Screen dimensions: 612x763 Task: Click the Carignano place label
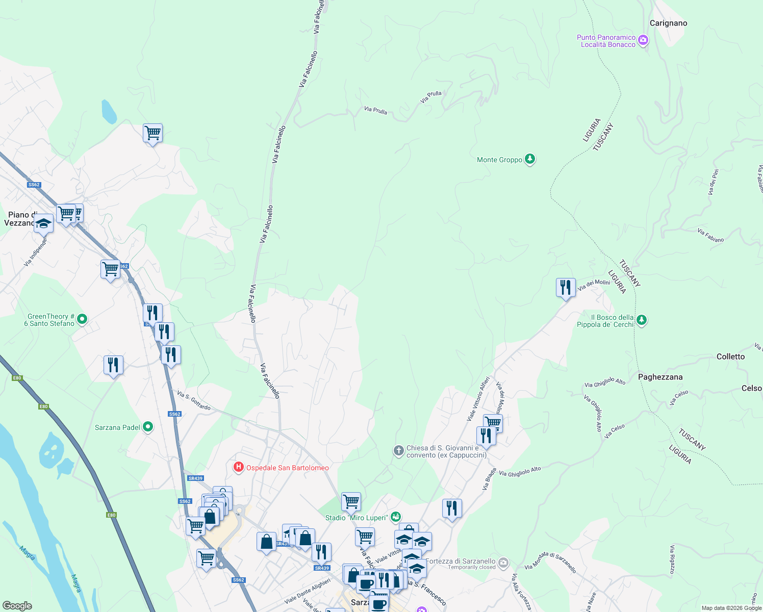click(x=668, y=23)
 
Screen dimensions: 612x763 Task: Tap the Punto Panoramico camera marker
click(x=643, y=40)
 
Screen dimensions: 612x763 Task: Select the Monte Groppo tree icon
click(x=530, y=159)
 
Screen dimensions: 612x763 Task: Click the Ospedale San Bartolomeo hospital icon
click(x=238, y=467)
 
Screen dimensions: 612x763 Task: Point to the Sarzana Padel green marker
click(x=148, y=427)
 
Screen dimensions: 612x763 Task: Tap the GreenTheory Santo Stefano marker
click(x=82, y=319)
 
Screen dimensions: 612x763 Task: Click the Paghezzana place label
click(x=660, y=377)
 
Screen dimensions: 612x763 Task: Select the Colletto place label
click(x=730, y=356)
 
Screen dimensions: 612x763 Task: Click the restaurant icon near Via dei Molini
click(x=566, y=288)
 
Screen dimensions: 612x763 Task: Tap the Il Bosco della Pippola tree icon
click(x=642, y=320)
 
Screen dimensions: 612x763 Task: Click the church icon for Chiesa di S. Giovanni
click(x=398, y=450)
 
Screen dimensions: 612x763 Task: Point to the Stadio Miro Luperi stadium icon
click(x=396, y=517)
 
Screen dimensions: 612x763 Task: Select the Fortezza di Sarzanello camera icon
click(x=503, y=563)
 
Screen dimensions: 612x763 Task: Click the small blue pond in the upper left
click(x=109, y=112)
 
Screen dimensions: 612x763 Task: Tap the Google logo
click(x=17, y=606)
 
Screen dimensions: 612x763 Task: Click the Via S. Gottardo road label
click(x=194, y=400)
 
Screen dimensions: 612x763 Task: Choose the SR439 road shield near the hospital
click(x=195, y=478)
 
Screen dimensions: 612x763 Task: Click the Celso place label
click(x=751, y=388)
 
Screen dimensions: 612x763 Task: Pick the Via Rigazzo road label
click(x=673, y=559)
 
